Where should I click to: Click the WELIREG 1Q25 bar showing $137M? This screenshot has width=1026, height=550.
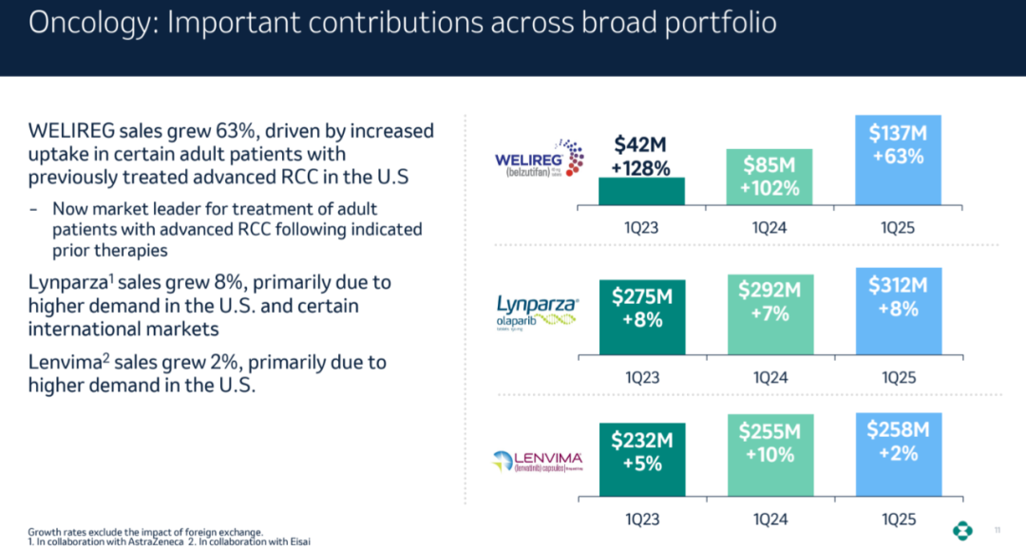point(898,160)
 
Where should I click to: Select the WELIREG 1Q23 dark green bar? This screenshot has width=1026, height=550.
point(641,191)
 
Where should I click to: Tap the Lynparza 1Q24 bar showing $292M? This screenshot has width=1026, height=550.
point(769,314)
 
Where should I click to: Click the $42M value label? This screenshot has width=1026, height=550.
point(640,145)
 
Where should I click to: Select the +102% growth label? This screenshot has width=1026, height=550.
point(769,188)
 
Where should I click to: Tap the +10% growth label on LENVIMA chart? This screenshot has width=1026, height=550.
point(769,454)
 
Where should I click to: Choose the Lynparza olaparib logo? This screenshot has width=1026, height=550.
point(538,310)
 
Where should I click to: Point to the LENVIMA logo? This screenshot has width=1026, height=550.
point(538,460)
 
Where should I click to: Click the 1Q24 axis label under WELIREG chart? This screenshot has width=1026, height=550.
point(769,228)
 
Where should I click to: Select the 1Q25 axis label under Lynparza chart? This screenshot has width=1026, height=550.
point(898,377)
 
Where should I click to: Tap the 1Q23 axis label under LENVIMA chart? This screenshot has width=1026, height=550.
point(641,520)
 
